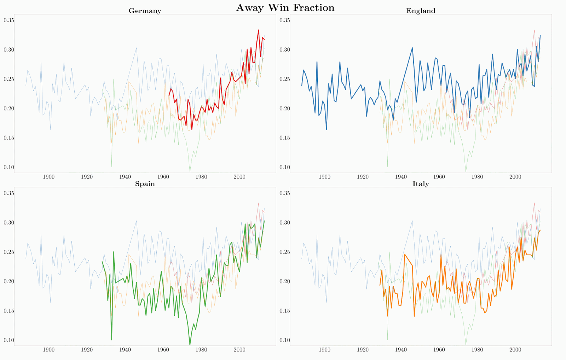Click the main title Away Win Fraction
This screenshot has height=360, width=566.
pos(285,8)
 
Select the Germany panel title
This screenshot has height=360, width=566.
pos(145,11)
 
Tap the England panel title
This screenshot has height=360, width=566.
pos(421,11)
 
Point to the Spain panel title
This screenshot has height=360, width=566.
pos(145,184)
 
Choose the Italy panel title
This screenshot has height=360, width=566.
pos(421,184)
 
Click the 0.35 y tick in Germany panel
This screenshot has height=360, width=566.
pos(9,20)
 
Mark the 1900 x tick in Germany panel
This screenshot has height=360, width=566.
pos(48,177)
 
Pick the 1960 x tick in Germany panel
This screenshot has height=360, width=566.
pos(163,177)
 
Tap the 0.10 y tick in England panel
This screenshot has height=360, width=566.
pos(285,167)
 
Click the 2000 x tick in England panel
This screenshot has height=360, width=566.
pos(515,177)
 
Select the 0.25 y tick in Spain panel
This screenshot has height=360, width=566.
pos(9,252)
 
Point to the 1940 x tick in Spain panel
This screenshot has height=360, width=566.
pos(125,350)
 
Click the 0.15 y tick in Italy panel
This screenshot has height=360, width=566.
pos(285,311)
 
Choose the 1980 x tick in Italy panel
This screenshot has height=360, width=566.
pos(477,350)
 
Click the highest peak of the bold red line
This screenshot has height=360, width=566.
pos(259,30)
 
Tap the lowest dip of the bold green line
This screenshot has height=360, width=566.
pos(190,345)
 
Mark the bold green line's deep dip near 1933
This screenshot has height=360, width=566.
pos(111,340)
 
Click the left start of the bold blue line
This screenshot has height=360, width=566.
pos(302,86)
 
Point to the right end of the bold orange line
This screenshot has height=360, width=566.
pos(540,230)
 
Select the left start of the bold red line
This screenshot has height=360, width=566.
pos(169,96)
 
